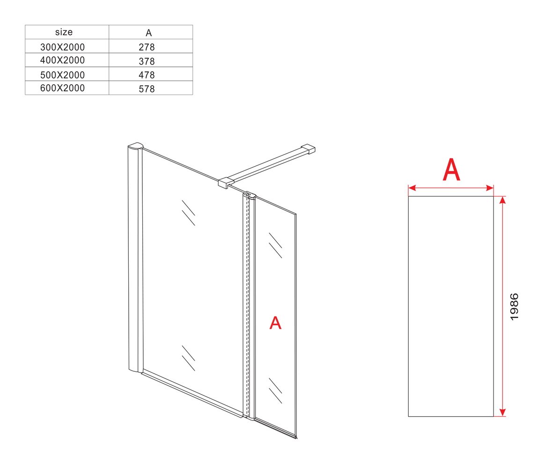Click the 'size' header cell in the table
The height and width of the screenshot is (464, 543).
tap(64, 32)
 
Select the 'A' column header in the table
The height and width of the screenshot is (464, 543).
tap(148, 33)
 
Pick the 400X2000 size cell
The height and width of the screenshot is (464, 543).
tap(62, 60)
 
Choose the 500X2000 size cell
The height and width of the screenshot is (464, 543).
tap(62, 75)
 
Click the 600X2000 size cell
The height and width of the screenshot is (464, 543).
tap(62, 88)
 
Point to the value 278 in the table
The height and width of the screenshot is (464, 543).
tap(147, 47)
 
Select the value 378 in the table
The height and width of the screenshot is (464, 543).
tap(147, 61)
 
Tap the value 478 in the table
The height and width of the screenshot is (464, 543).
tap(147, 75)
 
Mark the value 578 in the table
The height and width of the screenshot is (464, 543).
tap(147, 89)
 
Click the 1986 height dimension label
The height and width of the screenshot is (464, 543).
tap(514, 307)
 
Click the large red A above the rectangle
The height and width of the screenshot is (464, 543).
tap(452, 169)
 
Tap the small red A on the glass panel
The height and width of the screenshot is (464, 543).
tap(275, 323)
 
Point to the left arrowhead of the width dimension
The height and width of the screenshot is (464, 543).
tap(412, 188)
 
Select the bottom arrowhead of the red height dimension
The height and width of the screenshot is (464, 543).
tap(503, 412)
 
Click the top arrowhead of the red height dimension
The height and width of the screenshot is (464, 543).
tap(503, 200)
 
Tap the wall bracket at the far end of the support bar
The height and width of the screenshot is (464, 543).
tap(308, 149)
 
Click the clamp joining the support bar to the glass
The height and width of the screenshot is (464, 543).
tap(226, 183)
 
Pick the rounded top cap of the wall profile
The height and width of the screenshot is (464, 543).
tap(135, 145)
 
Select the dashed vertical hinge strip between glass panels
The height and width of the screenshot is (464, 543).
tap(247, 305)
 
